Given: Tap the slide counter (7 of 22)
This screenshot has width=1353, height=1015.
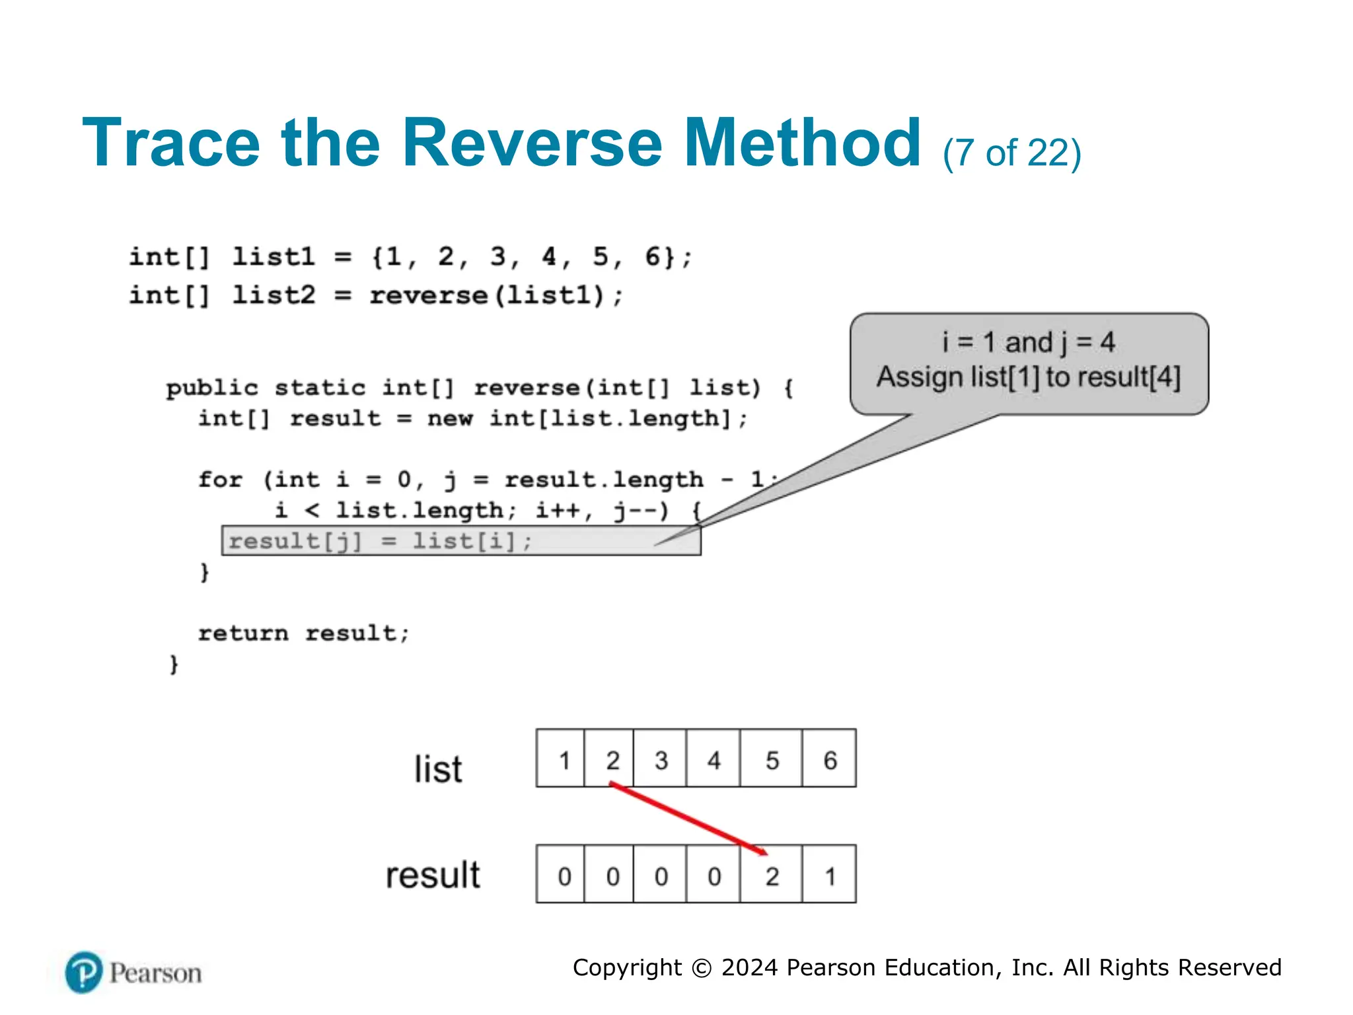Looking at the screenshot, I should coord(1011,153).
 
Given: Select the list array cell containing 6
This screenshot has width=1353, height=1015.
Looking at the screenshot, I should coord(830,759).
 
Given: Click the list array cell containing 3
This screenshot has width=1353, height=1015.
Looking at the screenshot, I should coord(661,759).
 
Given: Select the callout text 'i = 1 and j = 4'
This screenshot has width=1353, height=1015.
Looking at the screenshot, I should coord(1028,342).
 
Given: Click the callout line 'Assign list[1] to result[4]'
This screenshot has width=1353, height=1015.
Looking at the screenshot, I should coord(1028,377).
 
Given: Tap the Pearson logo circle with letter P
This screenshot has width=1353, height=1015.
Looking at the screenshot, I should coord(84,972).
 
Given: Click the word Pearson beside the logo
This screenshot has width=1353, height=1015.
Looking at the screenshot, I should coord(156,973).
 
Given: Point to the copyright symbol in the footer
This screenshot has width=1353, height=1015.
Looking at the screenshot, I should coord(702,968).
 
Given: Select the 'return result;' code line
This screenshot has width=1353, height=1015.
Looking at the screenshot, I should coord(303,633).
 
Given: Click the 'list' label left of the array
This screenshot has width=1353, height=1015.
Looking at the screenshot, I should coord(438,769).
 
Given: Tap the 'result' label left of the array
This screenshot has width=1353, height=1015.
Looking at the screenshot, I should coord(433,875).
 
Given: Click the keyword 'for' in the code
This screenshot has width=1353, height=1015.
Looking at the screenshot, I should coord(221,479).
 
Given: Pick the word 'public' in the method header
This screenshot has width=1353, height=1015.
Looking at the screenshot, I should coord(211,388).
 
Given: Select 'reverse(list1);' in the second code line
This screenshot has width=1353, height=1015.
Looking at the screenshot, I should coord(495,295).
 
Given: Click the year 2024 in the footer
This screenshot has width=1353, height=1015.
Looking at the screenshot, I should coord(750,967).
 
